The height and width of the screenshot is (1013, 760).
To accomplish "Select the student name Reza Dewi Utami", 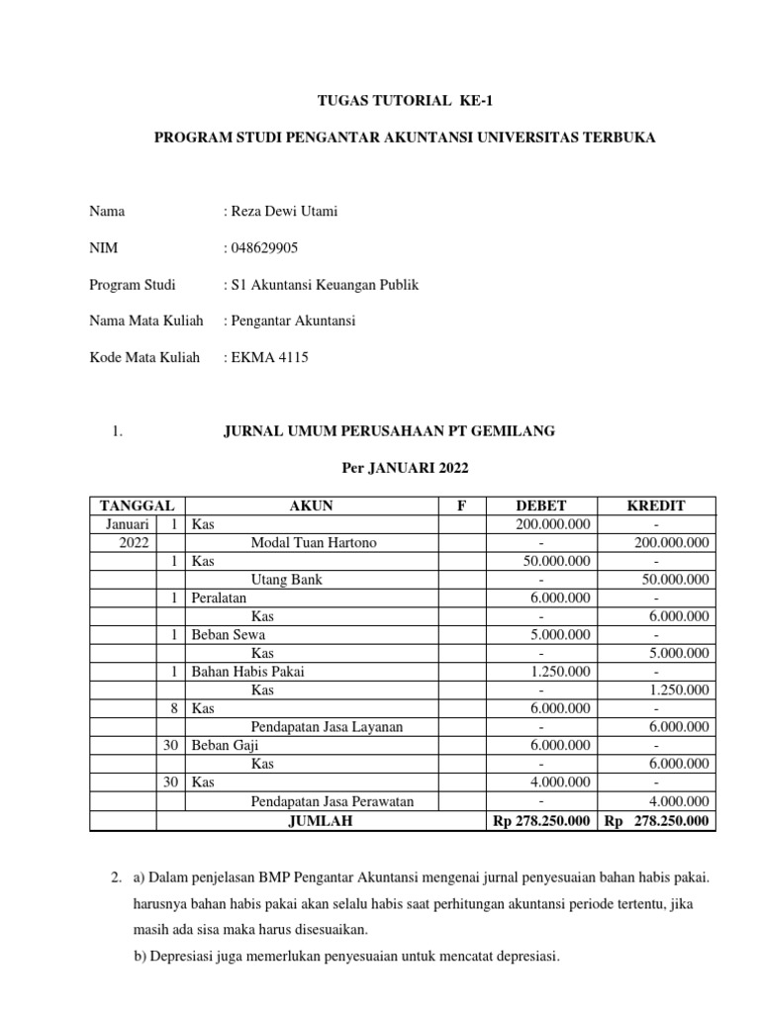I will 285,212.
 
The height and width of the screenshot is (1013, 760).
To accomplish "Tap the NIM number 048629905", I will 267,248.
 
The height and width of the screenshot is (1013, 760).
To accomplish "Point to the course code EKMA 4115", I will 269,357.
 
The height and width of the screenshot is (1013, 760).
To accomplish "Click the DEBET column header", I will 539,506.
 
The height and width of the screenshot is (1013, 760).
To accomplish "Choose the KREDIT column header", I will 656,506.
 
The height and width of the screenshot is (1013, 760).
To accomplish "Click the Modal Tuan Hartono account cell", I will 314,542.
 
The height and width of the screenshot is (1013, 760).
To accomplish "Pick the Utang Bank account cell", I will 286,580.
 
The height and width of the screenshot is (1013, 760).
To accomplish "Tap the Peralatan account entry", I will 220,599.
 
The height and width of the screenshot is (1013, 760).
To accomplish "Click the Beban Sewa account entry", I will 228,635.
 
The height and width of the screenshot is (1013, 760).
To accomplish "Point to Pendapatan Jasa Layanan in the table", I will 327,727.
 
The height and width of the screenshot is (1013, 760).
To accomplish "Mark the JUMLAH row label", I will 319,821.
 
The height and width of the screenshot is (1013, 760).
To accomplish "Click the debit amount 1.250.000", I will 559,672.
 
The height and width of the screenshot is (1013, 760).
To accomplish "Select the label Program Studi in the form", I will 133,285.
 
